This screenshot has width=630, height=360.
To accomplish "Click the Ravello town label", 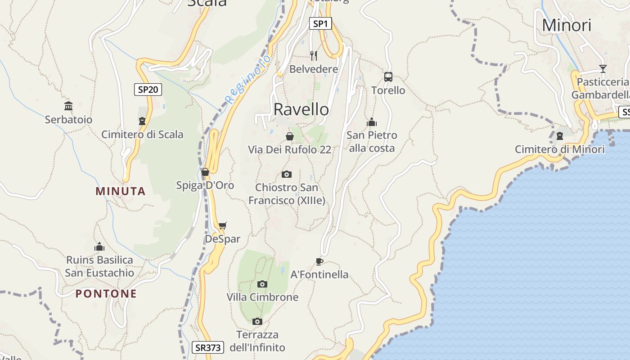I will click(x=301, y=109).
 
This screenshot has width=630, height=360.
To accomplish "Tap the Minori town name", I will click(x=567, y=26).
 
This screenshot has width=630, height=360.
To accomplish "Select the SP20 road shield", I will click(x=148, y=90).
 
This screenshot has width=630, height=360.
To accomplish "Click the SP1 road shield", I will click(x=320, y=24).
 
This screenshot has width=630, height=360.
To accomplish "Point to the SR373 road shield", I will click(x=208, y=347).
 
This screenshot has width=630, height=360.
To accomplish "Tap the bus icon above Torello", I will click(x=388, y=77).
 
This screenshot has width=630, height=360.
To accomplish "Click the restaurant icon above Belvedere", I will click(x=314, y=56).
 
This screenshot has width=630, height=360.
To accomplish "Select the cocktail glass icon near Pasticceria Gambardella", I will click(x=603, y=69).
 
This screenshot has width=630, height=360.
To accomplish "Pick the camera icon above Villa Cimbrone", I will click(x=262, y=284).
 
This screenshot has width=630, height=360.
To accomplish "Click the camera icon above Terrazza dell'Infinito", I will click(x=257, y=321).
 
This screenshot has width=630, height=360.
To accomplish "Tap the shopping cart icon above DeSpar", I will click(x=222, y=225).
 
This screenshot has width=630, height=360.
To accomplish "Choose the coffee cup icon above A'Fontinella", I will click(x=319, y=261).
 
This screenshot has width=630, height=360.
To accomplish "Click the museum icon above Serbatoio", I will click(x=68, y=106).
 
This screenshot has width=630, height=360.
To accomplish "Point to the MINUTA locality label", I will click(x=121, y=191).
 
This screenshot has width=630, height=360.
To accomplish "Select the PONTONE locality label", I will click(x=106, y=294).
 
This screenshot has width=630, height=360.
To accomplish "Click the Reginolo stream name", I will click(x=248, y=79).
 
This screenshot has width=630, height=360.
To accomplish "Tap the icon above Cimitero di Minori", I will click(x=560, y=135).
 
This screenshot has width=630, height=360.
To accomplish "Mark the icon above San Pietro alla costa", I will click(x=372, y=122).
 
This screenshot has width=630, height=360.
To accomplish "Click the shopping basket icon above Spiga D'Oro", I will click(x=205, y=172).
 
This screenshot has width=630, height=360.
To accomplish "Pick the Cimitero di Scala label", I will click(x=142, y=134).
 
